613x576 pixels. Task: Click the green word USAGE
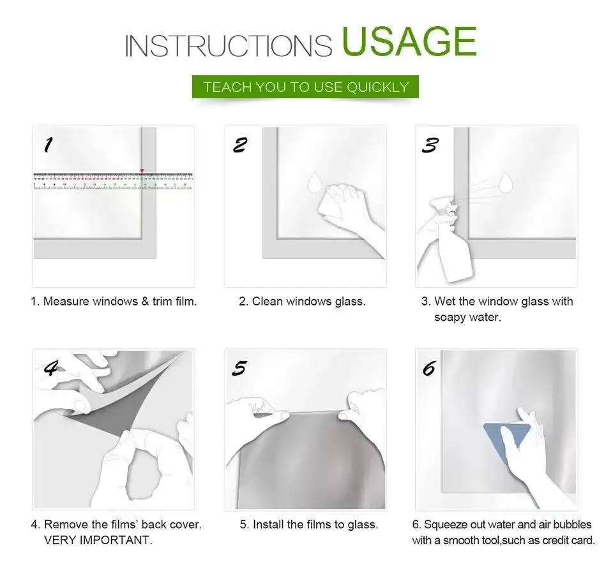[409, 41]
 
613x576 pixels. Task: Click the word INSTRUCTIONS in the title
[229, 46]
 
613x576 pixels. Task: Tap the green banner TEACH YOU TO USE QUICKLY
[305, 87]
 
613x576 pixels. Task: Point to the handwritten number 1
[48, 145]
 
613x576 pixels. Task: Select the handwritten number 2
[239, 145]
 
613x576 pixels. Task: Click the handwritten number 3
[430, 145]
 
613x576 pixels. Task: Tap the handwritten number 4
[51, 367]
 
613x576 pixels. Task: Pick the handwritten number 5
[239, 368]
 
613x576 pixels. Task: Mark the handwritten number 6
[429, 368]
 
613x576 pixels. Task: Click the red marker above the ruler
[142, 171]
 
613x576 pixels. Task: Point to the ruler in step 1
[113, 181]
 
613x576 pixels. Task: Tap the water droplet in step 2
[314, 182]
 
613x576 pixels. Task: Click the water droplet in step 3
[506, 182]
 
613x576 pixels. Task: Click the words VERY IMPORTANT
[98, 540]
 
